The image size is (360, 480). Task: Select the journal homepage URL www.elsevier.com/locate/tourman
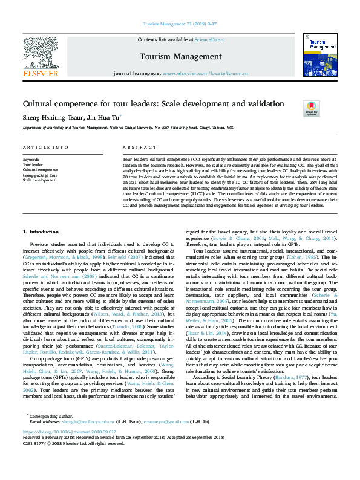(x=205, y=73)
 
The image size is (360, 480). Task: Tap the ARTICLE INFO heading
(x=45, y=148)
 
